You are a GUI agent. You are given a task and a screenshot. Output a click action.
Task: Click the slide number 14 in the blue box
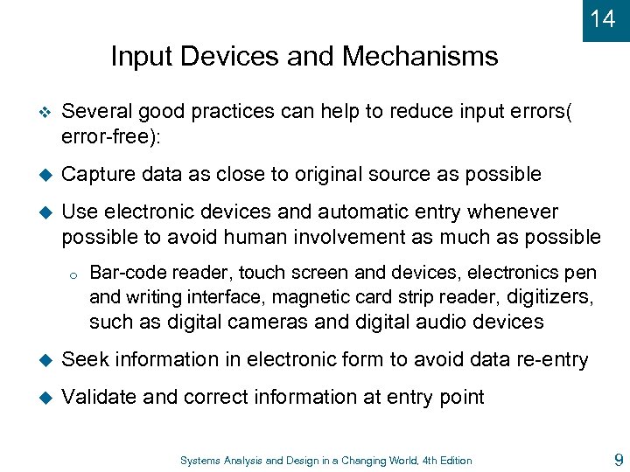[x=603, y=18]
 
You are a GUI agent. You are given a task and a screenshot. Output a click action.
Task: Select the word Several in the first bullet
[x=96, y=113]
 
